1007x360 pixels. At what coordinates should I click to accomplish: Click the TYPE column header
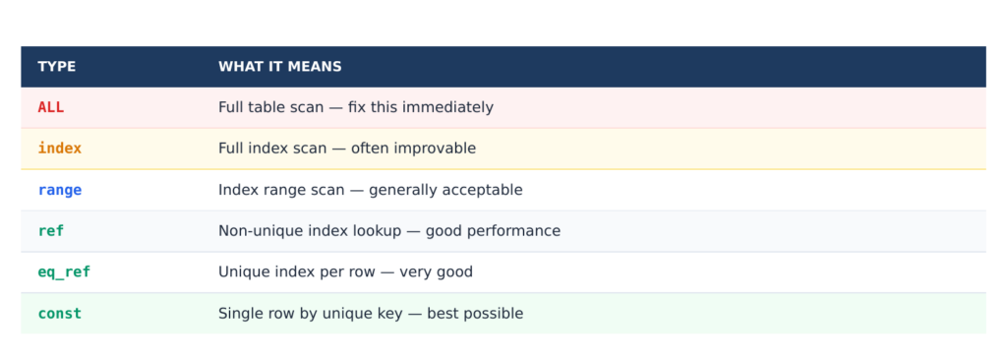56,67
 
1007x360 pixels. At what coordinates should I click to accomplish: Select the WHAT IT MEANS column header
280,67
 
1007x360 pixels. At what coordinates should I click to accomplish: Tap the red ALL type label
51,107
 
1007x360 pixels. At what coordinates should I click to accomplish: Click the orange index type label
60,149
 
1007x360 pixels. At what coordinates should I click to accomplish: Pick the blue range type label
60,190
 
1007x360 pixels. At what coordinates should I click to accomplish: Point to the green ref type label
51,231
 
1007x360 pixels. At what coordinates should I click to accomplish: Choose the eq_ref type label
64,272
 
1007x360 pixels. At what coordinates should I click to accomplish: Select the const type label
60,314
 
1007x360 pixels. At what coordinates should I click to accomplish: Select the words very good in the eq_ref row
436,272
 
